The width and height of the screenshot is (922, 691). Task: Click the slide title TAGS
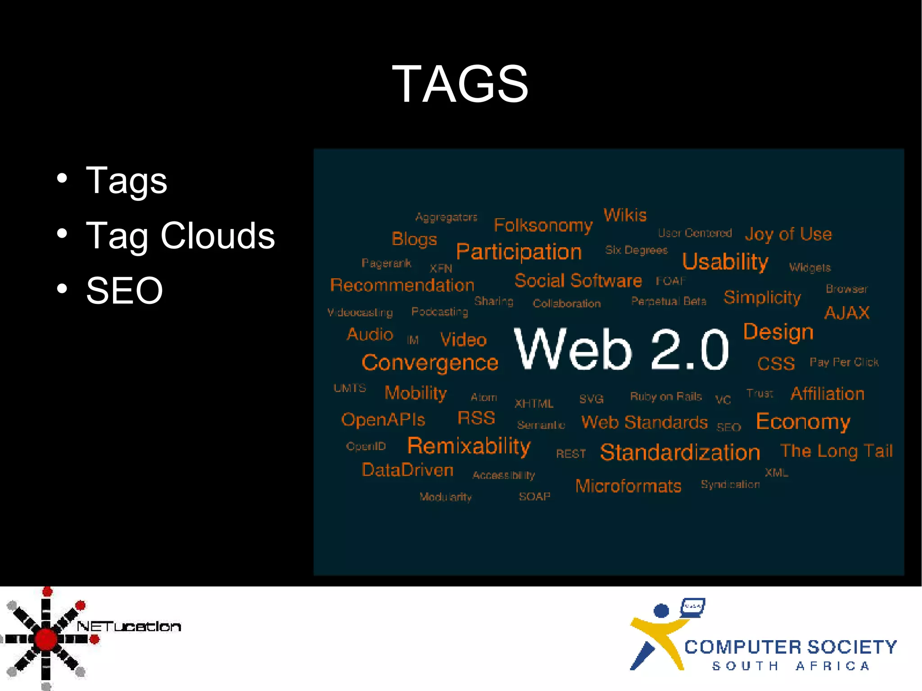point(460,84)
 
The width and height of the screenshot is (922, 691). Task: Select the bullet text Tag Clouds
point(180,235)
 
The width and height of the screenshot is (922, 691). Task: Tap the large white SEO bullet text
point(124,291)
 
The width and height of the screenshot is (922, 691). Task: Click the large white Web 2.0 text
point(621,349)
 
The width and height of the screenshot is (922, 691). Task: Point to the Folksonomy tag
point(543,225)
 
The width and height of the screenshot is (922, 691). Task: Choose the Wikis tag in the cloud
point(625,215)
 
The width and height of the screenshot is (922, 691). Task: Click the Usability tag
point(725,262)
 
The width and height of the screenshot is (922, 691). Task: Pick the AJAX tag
point(847,313)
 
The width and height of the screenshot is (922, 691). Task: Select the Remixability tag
point(469,446)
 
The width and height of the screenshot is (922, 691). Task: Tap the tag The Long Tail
point(836,451)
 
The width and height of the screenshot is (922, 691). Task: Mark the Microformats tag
point(628,486)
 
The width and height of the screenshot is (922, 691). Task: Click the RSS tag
point(476,418)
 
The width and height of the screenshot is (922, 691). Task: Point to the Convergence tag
point(430,363)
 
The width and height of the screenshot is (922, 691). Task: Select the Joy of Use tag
point(788,234)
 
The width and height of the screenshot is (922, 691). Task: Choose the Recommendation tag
point(402,285)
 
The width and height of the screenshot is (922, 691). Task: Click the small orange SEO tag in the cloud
point(728,427)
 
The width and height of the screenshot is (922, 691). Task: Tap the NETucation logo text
point(129,626)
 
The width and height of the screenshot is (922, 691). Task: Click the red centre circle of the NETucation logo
point(46,639)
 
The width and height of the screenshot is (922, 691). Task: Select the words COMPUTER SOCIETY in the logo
point(791,647)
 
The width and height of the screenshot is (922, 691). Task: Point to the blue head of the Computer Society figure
point(661,611)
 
